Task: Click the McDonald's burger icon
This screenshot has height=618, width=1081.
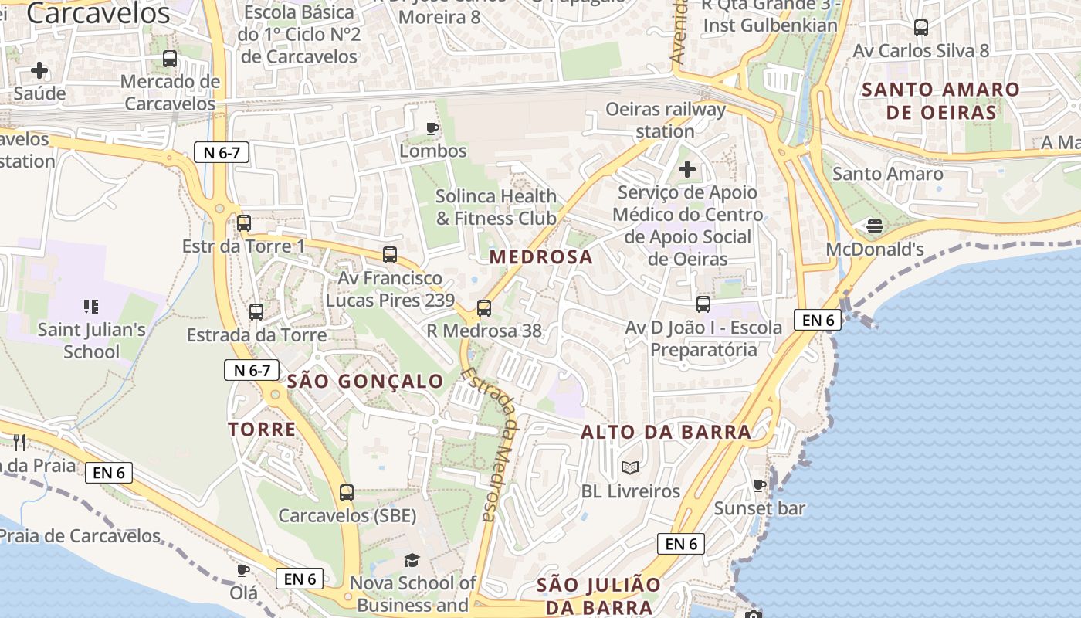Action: tap(874, 226)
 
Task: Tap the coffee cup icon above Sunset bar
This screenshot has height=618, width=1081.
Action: tap(760, 485)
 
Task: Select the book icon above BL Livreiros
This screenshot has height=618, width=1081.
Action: tap(630, 467)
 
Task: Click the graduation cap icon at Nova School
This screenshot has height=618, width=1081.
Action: tap(412, 560)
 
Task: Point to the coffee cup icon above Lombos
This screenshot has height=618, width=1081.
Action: tap(432, 128)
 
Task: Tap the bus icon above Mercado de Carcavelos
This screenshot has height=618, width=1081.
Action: tap(170, 59)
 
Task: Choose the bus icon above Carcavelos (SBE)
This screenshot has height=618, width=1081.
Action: tap(347, 492)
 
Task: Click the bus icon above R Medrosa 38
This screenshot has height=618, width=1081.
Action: tap(484, 308)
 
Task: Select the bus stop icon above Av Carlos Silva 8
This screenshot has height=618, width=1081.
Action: tap(920, 28)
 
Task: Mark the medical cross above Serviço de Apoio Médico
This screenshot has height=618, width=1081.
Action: tap(686, 169)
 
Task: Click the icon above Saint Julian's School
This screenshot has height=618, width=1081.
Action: tap(91, 307)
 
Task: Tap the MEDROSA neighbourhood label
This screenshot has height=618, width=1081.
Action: tap(541, 257)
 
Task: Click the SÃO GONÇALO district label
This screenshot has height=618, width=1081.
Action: tap(365, 381)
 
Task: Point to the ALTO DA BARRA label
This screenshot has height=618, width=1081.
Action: tap(666, 432)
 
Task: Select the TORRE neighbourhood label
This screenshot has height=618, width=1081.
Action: tap(262, 430)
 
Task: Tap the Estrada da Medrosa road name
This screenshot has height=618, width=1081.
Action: tap(488, 445)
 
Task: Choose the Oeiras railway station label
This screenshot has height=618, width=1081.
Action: tap(665, 120)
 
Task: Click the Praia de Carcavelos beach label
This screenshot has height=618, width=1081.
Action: tap(80, 535)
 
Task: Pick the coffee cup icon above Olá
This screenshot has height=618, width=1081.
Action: tap(243, 570)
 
